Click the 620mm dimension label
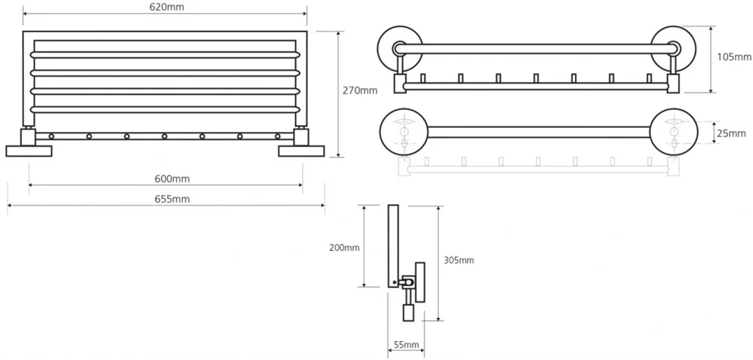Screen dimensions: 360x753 167,7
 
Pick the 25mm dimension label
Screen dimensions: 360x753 731,133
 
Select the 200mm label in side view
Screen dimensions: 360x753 344,247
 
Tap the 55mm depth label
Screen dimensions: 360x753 406,345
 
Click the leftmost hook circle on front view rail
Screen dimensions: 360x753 51,136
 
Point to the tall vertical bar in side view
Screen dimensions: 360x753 392,245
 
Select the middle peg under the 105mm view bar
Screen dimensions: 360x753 535,78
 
